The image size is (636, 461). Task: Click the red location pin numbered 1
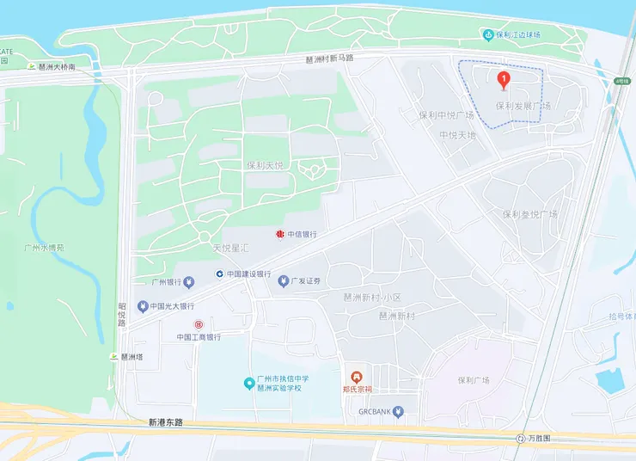click(504, 81)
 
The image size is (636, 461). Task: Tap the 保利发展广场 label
click(523, 106)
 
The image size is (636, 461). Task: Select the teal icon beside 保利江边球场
click(488, 34)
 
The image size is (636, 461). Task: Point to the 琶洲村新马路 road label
click(330, 58)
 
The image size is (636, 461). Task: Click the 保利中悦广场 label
click(446, 115)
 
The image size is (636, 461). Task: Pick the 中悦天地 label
click(457, 135)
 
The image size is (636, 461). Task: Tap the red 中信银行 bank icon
click(279, 234)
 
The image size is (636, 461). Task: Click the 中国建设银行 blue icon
click(220, 274)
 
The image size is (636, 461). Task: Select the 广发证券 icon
click(282, 281)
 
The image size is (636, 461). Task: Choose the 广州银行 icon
click(143, 282)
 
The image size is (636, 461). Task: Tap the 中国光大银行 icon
click(142, 306)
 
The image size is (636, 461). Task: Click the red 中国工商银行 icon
click(199, 324)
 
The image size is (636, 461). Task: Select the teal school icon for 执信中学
click(248, 382)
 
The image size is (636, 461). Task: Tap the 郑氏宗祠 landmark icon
click(356, 376)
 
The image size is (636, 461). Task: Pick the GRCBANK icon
click(398, 412)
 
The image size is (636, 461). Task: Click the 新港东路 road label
click(165, 422)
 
